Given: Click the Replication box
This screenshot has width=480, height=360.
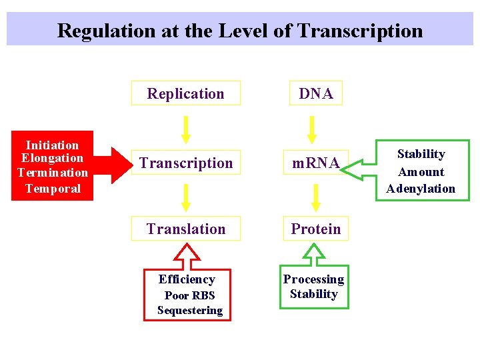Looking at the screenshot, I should pyautogui.click(x=185, y=93).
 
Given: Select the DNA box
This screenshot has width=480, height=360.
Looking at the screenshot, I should pyautogui.click(x=316, y=93).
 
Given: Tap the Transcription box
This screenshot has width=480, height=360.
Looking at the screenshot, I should pyautogui.click(x=186, y=163).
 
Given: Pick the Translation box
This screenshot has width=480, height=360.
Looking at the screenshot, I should pyautogui.click(x=186, y=229).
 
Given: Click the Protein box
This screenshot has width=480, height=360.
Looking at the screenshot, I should pyautogui.click(x=316, y=229).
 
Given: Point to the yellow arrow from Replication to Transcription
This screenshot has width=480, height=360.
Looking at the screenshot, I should pyautogui.click(x=186, y=129).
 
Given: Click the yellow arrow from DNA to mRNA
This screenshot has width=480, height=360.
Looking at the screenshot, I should pyautogui.click(x=316, y=129).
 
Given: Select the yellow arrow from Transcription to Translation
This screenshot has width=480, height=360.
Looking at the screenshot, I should pyautogui.click(x=186, y=197).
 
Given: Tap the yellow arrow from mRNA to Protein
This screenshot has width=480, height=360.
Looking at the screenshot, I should pyautogui.click(x=316, y=197).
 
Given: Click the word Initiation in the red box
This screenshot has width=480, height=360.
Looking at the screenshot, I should pyautogui.click(x=52, y=145).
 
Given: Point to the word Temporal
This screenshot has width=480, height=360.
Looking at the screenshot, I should pyautogui.click(x=53, y=188).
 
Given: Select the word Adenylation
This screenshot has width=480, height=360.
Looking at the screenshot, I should pyautogui.click(x=421, y=189).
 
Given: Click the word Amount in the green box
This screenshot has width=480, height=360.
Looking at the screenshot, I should pyautogui.click(x=421, y=171).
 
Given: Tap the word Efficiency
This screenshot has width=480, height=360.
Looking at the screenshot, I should pyautogui.click(x=187, y=279).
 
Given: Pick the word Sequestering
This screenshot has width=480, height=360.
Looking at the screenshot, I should pyautogui.click(x=190, y=310).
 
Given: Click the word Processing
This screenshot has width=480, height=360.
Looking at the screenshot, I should pyautogui.click(x=313, y=279).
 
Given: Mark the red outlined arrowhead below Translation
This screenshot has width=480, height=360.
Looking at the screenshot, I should pyautogui.click(x=187, y=253).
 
